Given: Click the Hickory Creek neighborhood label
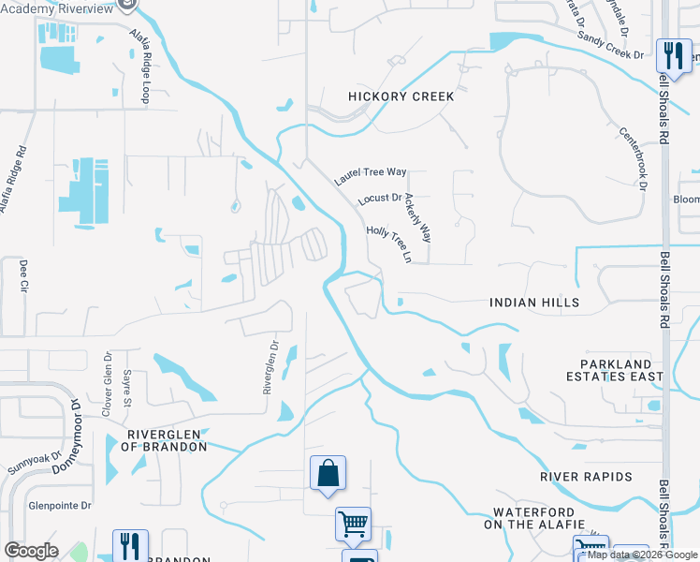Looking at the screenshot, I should click(x=401, y=96).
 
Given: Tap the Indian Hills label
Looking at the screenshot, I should click(x=534, y=303).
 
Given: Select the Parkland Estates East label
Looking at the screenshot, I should click(x=614, y=370).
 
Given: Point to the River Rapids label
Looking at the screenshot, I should click(x=586, y=477).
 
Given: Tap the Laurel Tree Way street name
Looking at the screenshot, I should click(x=372, y=172).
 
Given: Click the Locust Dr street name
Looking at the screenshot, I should click(x=379, y=200).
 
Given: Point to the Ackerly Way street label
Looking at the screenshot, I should click(x=418, y=219).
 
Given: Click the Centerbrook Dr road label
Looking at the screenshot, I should click(x=633, y=157).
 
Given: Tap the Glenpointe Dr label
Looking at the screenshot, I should click(x=59, y=505).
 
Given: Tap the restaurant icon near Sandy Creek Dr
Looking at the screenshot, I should click(x=673, y=55).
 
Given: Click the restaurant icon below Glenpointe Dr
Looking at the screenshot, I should click(x=130, y=546).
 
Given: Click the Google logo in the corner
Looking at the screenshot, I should click(x=32, y=551).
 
